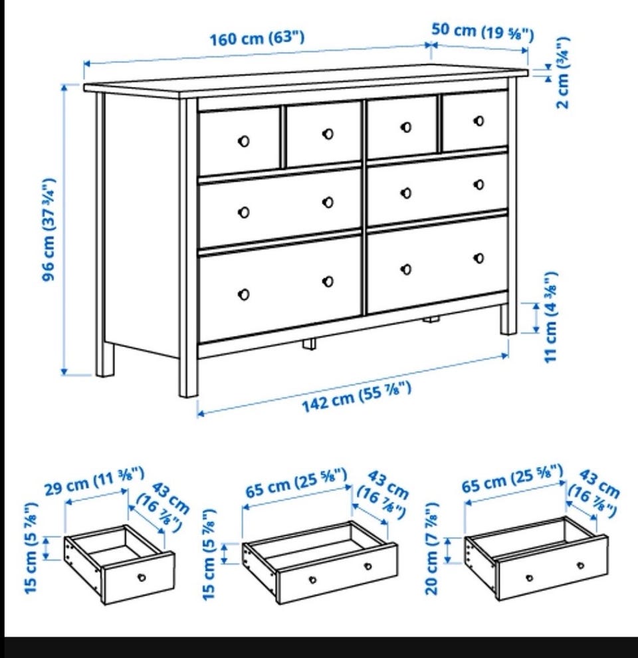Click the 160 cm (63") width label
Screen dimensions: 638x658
(x=257, y=38)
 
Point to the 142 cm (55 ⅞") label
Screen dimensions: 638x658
(x=356, y=397)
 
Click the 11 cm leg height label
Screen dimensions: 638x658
(x=550, y=317)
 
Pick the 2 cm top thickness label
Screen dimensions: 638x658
(x=562, y=73)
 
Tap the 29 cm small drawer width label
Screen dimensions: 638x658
(x=94, y=481)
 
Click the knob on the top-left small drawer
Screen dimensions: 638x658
(x=243, y=141)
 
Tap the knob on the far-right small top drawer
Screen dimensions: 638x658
(x=478, y=121)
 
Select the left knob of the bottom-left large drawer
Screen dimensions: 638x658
(x=243, y=294)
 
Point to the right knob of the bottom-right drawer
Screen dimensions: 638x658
(x=478, y=258)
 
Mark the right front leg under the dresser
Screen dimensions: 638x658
(x=508, y=319)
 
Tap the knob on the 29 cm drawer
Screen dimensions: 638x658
(x=142, y=578)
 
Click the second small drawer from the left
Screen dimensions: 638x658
(x=323, y=134)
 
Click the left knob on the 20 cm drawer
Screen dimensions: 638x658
(x=529, y=578)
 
